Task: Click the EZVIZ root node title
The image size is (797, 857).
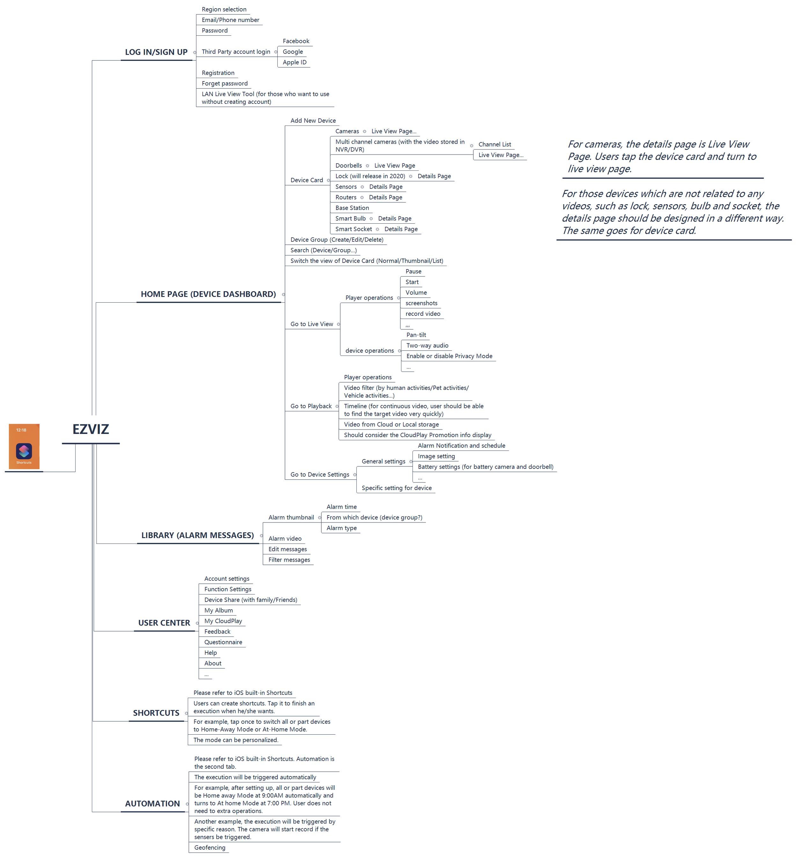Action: pyautogui.click(x=91, y=429)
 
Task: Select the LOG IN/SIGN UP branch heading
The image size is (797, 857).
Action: pyautogui.click(x=156, y=52)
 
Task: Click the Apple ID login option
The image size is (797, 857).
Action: pyautogui.click(x=295, y=62)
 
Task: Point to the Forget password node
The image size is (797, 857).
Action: pyautogui.click(x=225, y=84)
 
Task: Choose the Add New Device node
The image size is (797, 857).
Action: pyautogui.click(x=313, y=121)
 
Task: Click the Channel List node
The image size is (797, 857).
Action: pyautogui.click(x=495, y=144)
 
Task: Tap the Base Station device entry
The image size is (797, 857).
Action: pyautogui.click(x=352, y=208)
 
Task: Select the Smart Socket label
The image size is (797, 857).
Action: pyautogui.click(x=354, y=229)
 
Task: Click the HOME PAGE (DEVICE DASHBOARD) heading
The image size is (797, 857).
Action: pyautogui.click(x=208, y=294)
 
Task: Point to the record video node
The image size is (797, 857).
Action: pyautogui.click(x=423, y=314)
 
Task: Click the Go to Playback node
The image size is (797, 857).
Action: pyautogui.click(x=311, y=406)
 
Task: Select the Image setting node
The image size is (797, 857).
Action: pyautogui.click(x=436, y=457)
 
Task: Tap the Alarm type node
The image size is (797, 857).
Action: pyautogui.click(x=341, y=528)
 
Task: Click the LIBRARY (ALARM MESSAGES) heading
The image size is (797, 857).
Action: pyautogui.click(x=198, y=536)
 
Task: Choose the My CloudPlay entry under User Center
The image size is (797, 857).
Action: pyautogui.click(x=223, y=621)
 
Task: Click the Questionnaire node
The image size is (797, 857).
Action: pyautogui.click(x=223, y=642)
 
